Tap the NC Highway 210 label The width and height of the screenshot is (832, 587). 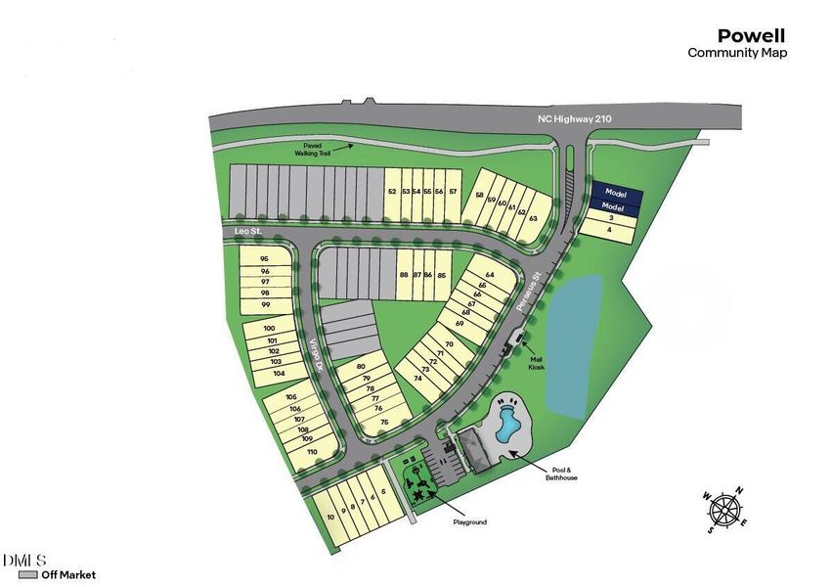(x=574, y=118)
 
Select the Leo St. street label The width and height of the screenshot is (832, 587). (x=249, y=231)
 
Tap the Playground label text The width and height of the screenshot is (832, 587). (x=469, y=522)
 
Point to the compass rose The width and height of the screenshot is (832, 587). (x=724, y=510)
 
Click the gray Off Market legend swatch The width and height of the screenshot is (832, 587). (x=27, y=575)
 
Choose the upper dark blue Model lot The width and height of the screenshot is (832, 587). (x=613, y=193)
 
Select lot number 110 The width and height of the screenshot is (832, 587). (x=313, y=451)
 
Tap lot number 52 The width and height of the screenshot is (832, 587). (x=391, y=191)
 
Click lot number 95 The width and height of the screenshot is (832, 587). (x=264, y=258)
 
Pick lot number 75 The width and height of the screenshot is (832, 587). (x=384, y=422)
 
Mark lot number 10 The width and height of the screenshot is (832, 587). (x=331, y=516)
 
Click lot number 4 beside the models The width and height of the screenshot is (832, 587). (x=610, y=230)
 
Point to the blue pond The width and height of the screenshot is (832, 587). (x=575, y=342)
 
